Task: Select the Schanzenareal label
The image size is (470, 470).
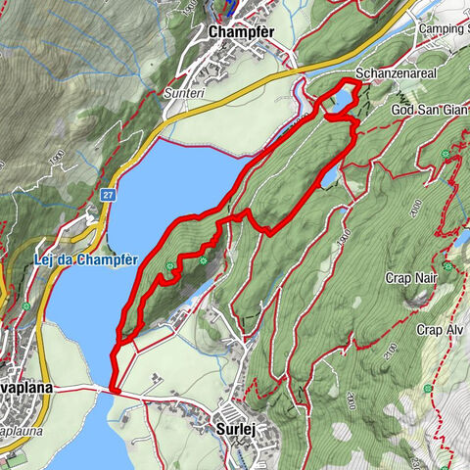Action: point(395,73)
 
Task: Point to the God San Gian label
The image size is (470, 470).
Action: point(426,110)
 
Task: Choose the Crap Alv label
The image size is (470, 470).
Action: point(438,330)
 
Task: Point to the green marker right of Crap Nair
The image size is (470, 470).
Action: point(448,265)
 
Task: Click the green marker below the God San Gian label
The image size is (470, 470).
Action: point(448,154)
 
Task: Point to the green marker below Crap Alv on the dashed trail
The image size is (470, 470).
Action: point(428,389)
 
